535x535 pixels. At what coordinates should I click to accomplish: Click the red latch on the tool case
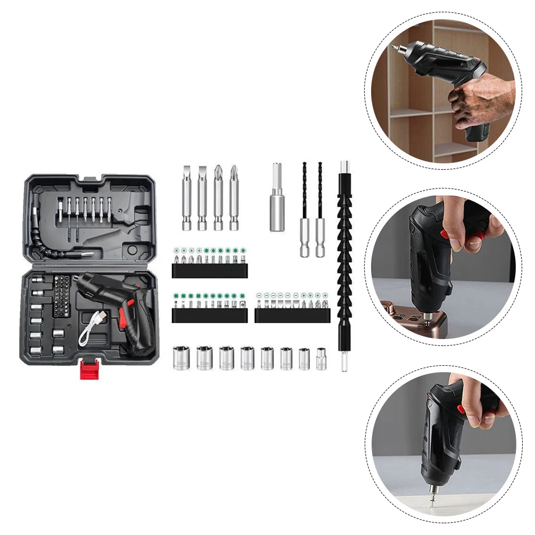coord(90,369)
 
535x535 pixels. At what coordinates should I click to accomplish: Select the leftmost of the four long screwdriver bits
coord(187,198)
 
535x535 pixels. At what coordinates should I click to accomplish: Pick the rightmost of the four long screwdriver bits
coord(233,198)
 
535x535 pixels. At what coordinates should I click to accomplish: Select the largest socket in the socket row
coord(180,358)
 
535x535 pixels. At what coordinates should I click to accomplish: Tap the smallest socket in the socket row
coord(321,359)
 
